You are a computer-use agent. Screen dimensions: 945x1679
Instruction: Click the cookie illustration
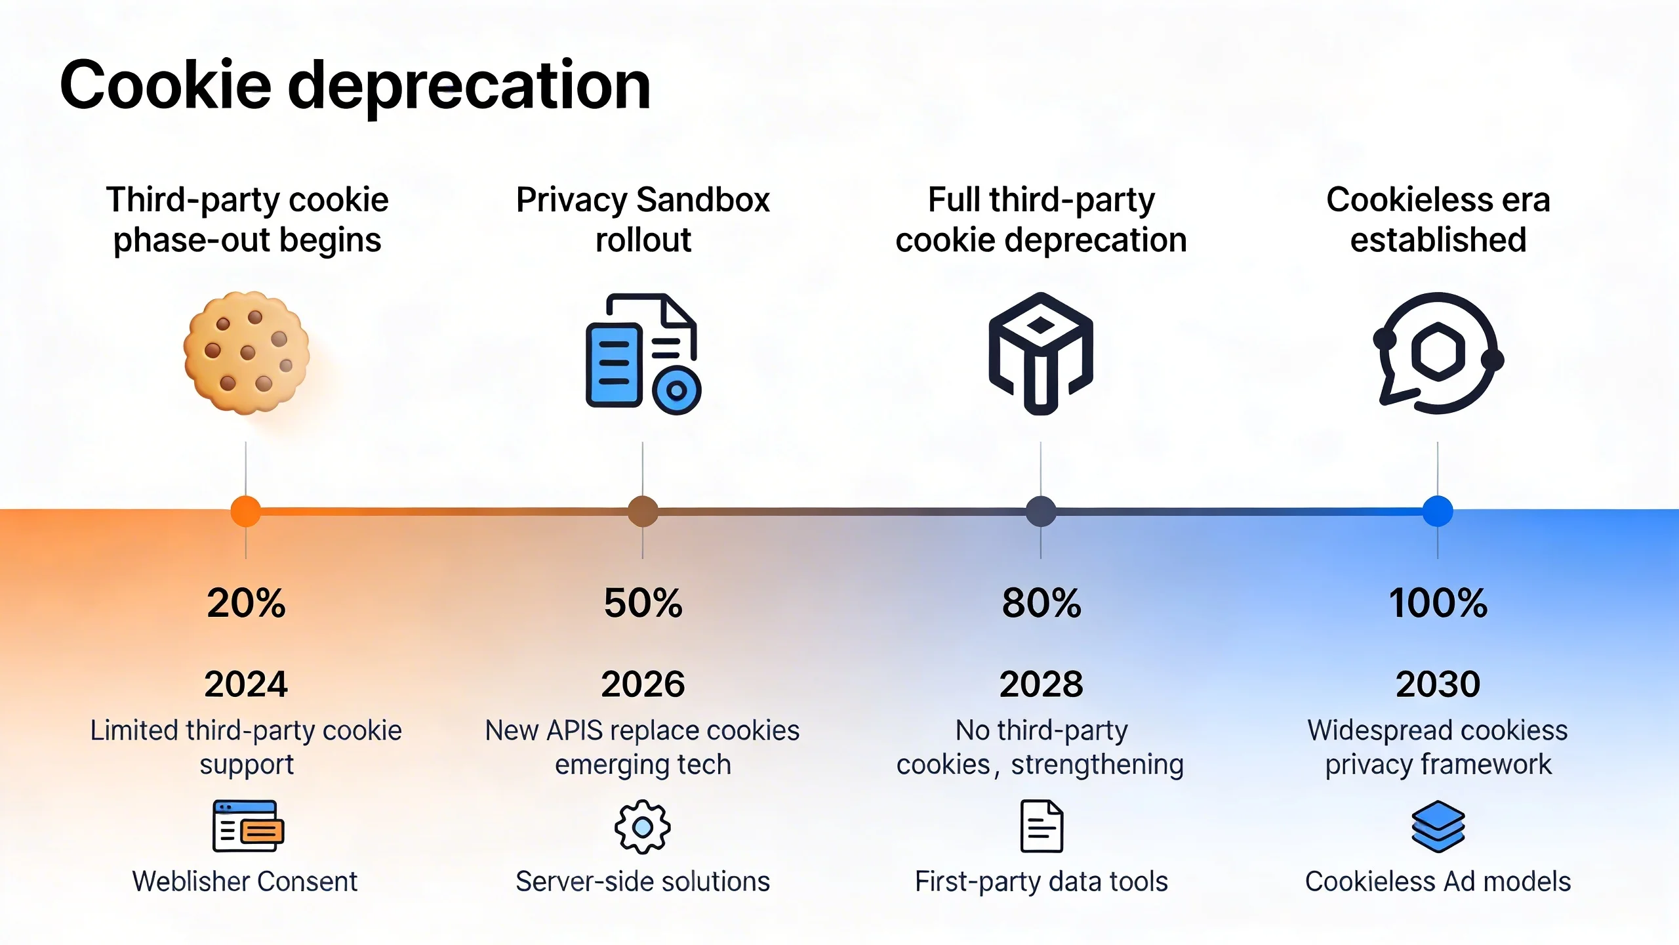pyautogui.click(x=247, y=353)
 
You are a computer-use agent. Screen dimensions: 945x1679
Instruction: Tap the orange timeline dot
pyautogui.click(x=246, y=511)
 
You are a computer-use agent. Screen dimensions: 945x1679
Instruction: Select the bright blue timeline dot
pyautogui.click(x=1438, y=511)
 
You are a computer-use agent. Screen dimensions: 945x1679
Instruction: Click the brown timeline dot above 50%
pyautogui.click(x=643, y=511)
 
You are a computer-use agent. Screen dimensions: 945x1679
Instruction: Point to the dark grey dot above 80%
pyautogui.click(x=1041, y=511)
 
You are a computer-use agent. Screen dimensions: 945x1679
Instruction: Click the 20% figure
pyautogui.click(x=246, y=603)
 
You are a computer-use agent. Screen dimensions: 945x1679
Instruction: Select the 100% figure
pyautogui.click(x=1438, y=603)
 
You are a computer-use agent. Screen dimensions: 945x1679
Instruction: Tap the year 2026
pyautogui.click(x=643, y=684)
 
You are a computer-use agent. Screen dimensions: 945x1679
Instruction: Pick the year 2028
pyautogui.click(x=1041, y=684)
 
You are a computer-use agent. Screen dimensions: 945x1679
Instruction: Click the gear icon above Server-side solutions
pyautogui.click(x=643, y=827)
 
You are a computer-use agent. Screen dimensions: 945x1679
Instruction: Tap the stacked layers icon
pyautogui.click(x=1438, y=827)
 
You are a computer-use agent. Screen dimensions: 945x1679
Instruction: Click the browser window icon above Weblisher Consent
pyautogui.click(x=248, y=826)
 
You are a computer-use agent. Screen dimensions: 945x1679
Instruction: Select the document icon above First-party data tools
pyautogui.click(x=1042, y=826)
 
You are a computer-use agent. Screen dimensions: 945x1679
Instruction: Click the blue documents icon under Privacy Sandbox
pyautogui.click(x=643, y=354)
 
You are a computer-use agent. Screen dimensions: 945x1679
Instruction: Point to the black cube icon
pyautogui.click(x=1041, y=353)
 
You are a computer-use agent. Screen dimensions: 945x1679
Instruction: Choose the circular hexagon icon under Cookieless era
pyautogui.click(x=1438, y=353)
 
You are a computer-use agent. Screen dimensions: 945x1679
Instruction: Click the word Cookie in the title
pyautogui.click(x=165, y=85)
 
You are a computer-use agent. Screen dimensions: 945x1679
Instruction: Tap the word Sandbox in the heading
pyautogui.click(x=703, y=199)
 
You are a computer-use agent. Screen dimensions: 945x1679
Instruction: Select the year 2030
pyautogui.click(x=1438, y=684)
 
